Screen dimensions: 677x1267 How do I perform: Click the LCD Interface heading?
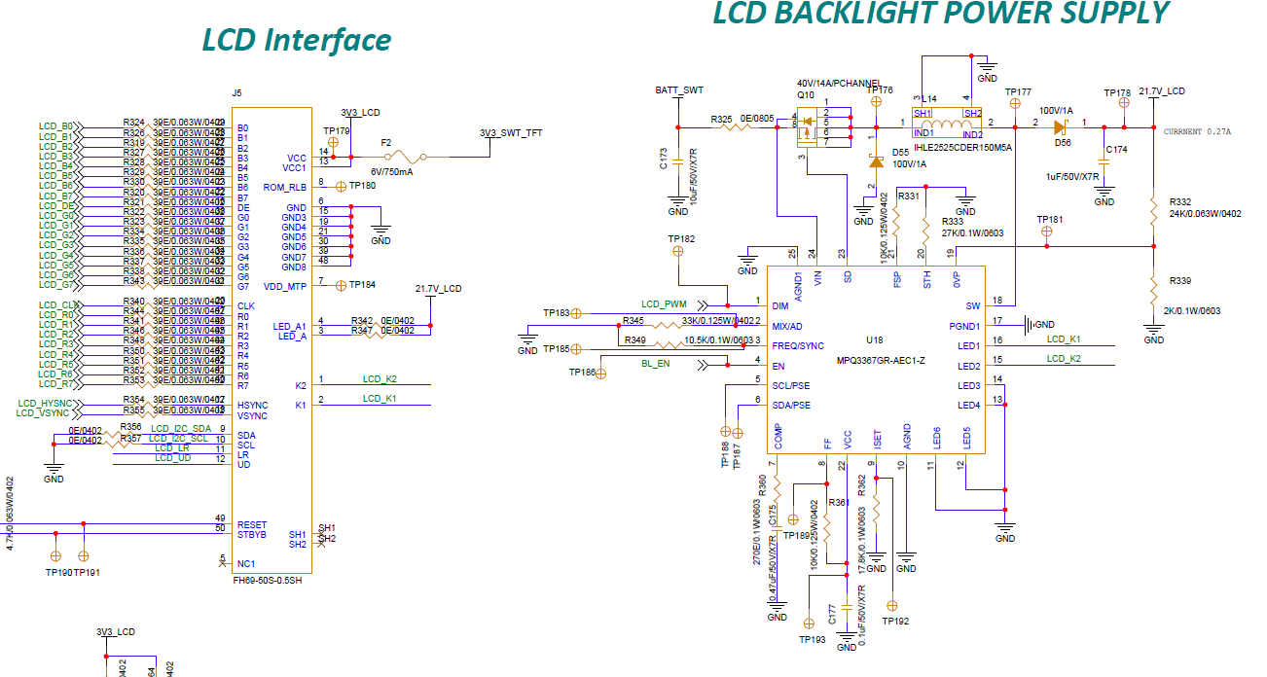(x=296, y=40)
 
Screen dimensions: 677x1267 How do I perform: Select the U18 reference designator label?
(x=874, y=341)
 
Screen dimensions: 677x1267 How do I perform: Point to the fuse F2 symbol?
(x=401, y=156)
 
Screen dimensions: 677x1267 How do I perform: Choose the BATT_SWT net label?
(x=679, y=90)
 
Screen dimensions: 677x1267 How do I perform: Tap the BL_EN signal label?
(x=655, y=363)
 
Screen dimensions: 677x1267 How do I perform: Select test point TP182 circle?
(x=678, y=251)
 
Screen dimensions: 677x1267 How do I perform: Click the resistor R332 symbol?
(x=1153, y=207)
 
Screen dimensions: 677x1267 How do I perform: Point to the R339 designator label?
(x=1179, y=280)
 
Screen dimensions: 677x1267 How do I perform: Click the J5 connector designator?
(x=236, y=93)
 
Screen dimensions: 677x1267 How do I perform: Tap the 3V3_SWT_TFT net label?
(x=511, y=133)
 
